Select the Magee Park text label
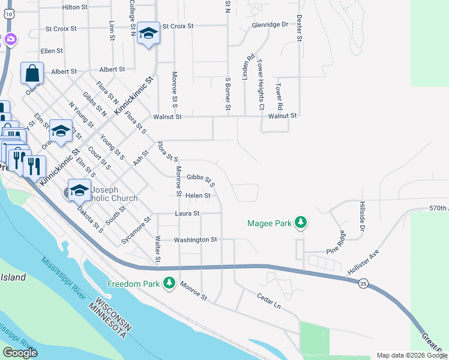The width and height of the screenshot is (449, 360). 270,224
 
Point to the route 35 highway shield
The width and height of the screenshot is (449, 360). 363,283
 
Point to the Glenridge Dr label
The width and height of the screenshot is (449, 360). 270,25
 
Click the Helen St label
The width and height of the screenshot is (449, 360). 198,196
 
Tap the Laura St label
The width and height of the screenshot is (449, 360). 187,213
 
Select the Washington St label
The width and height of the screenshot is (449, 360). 195,240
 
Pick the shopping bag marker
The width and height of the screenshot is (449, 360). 32,74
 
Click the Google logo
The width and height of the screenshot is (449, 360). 20,353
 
